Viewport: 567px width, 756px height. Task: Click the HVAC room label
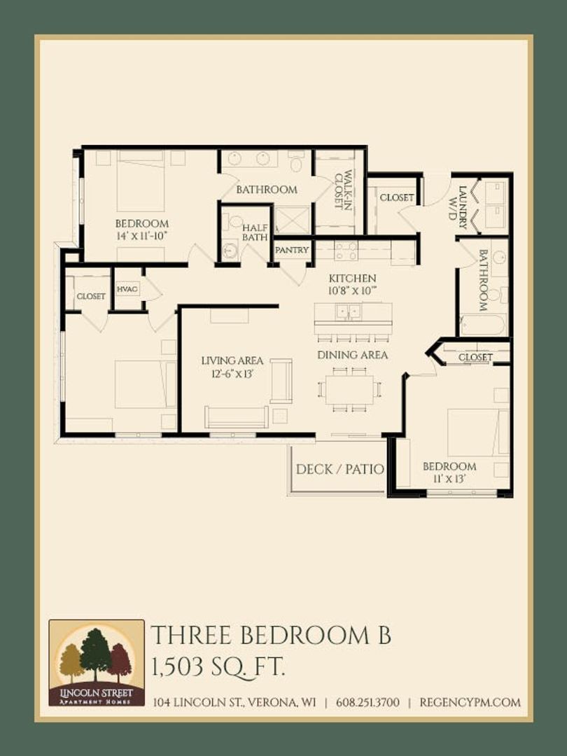point(127,289)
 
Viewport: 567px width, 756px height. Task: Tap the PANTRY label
point(292,250)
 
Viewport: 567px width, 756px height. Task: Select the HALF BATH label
point(255,232)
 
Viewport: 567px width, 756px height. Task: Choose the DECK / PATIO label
point(340,469)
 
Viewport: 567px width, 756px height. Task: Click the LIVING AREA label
point(232,360)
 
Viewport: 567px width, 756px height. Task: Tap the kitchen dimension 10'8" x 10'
point(352,290)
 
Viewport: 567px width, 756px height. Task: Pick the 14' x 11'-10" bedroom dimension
point(141,235)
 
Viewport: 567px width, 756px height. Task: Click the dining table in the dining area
point(349,390)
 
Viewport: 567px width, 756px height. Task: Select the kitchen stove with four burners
point(346,251)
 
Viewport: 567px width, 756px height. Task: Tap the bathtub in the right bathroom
point(482,325)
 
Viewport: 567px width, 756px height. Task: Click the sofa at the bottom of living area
point(237,417)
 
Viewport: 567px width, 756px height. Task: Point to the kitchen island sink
point(348,311)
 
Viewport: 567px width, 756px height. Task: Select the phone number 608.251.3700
point(368,703)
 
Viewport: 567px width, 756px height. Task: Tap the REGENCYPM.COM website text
point(470,703)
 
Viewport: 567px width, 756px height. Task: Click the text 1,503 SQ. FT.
point(218,668)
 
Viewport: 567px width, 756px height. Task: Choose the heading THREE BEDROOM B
point(271,636)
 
